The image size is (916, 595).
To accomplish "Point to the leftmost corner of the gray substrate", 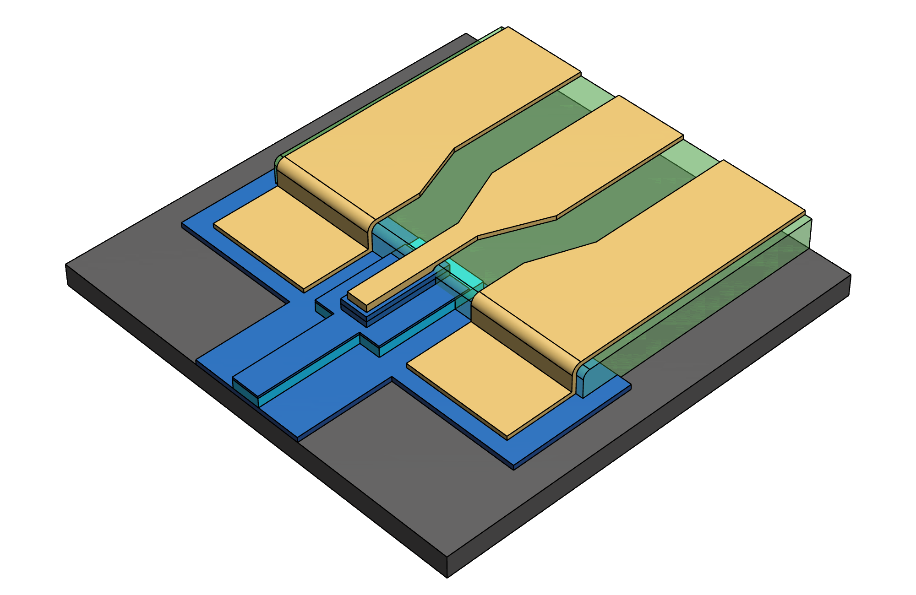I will tap(66, 265).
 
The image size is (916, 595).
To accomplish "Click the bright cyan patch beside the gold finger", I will tap(463, 272).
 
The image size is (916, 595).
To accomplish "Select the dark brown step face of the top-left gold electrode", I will tap(321, 211).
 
